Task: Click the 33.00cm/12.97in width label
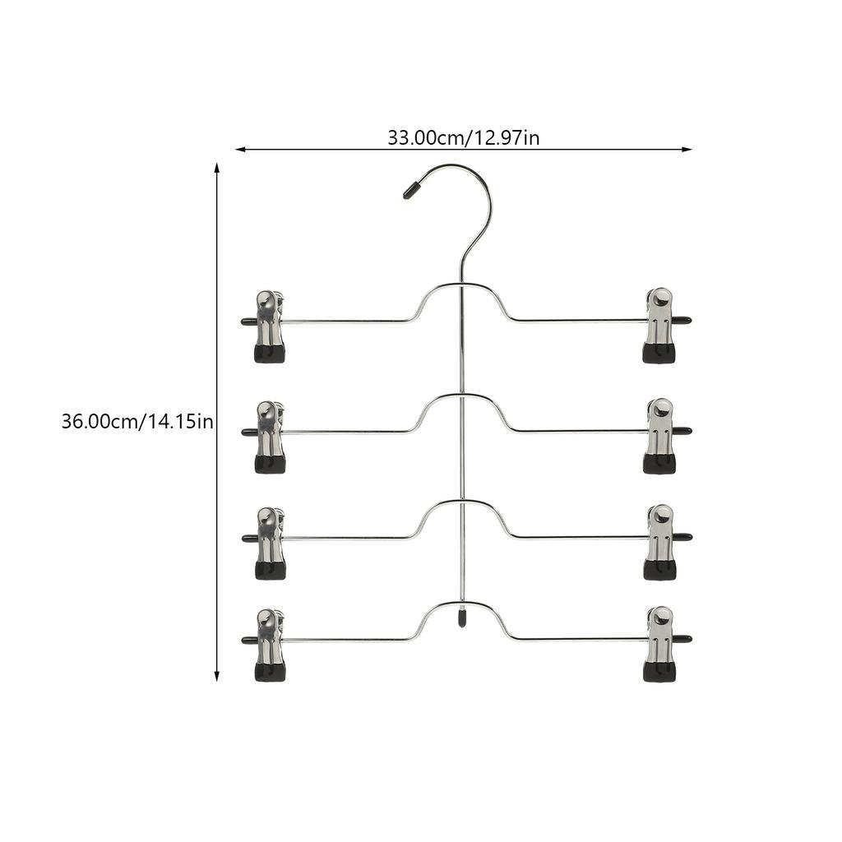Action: pyautogui.click(x=464, y=138)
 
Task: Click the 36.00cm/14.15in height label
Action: pyautogui.click(x=137, y=422)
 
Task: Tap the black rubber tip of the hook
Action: pyautogui.click(x=413, y=191)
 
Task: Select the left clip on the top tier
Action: pyautogui.click(x=270, y=326)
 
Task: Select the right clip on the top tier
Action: pyautogui.click(x=659, y=326)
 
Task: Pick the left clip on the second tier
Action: pyautogui.click(x=270, y=437)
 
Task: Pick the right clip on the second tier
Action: pyautogui.click(x=659, y=436)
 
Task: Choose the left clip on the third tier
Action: pyautogui.click(x=270, y=544)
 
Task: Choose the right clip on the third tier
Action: pyautogui.click(x=659, y=543)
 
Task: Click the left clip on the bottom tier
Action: pyautogui.click(x=270, y=645)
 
